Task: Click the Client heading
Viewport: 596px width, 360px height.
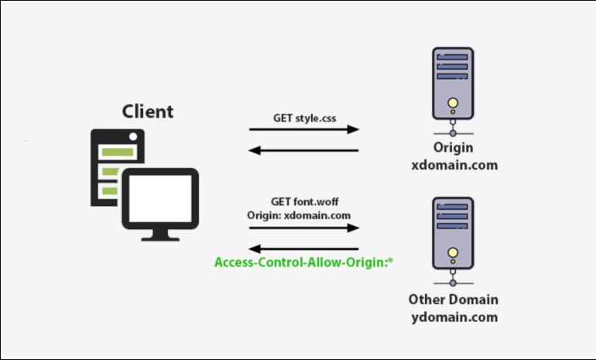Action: click(148, 111)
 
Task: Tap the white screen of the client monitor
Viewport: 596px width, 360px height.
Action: click(160, 198)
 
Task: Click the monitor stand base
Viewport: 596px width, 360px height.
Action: click(160, 238)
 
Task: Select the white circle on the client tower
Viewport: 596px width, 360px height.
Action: click(133, 136)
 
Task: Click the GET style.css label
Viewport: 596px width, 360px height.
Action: click(304, 118)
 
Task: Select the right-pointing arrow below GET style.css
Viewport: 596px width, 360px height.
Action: click(304, 129)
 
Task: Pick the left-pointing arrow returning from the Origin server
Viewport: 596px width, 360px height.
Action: click(303, 150)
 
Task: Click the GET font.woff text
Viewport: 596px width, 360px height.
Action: click(304, 201)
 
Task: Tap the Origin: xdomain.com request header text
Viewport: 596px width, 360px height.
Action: click(299, 215)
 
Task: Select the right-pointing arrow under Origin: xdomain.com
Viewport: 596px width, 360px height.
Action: click(304, 228)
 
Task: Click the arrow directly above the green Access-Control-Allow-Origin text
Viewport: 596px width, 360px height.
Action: click(303, 249)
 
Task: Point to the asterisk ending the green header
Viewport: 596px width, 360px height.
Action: click(390, 261)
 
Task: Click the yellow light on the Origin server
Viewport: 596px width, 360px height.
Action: click(453, 102)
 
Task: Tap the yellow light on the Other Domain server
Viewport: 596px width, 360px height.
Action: click(453, 252)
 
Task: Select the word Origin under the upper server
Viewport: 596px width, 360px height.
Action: click(454, 148)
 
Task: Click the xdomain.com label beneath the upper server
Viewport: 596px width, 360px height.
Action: click(454, 165)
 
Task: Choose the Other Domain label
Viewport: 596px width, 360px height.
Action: click(454, 300)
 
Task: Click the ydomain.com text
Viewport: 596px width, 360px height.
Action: click(454, 317)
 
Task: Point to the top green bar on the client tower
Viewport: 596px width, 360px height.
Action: click(118, 153)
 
